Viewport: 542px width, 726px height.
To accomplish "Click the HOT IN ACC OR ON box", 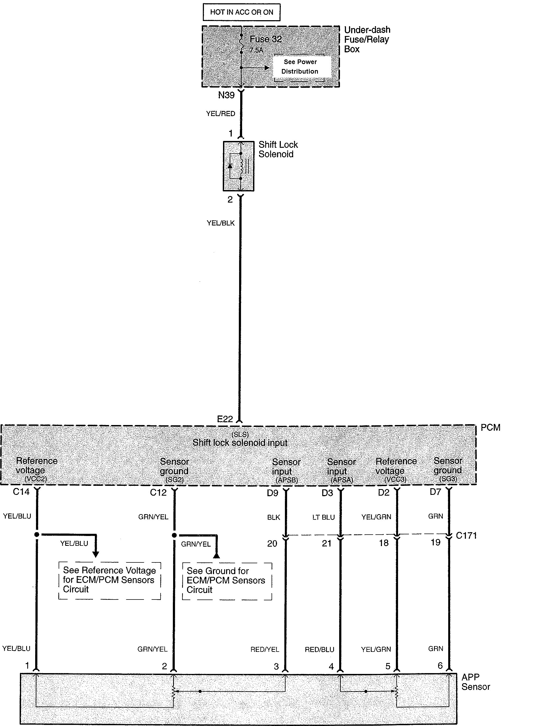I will point(242,12).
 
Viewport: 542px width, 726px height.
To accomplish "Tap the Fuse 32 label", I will point(266,39).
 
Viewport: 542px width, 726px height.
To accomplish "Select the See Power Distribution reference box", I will point(300,67).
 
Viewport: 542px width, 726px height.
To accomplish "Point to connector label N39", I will point(226,95).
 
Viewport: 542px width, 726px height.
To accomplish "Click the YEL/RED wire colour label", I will point(221,113).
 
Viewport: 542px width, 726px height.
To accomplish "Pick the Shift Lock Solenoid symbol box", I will point(239,166).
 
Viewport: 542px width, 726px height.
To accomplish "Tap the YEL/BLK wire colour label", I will point(221,223).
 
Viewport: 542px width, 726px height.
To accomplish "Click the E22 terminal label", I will point(225,419).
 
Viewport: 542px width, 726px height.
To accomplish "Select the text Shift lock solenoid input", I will point(240,442).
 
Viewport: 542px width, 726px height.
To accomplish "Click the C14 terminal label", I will point(21,492).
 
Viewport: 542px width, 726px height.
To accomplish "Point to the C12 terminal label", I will point(158,492).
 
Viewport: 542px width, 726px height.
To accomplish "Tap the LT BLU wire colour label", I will point(324,517).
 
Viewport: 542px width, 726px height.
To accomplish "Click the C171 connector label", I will point(466,536).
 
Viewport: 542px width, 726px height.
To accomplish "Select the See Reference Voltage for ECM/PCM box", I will point(110,580).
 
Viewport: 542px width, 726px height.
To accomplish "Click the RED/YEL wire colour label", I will point(265,649).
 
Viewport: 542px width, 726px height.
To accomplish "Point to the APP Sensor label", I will point(475,682).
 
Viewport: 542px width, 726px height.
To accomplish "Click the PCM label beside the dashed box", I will point(490,427).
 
